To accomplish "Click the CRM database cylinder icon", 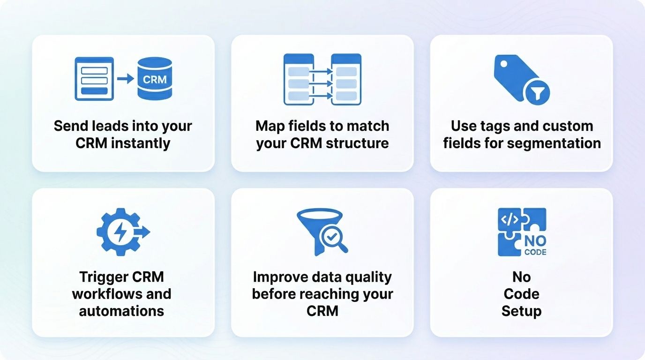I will point(155,79).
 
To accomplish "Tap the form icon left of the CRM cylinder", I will point(94,79).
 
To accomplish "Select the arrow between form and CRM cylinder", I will point(125,79).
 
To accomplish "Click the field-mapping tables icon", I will point(322,79).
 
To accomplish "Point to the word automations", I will point(121,311).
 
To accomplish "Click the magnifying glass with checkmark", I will point(332,239).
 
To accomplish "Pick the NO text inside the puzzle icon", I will point(535,241).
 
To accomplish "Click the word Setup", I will point(521,311).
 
